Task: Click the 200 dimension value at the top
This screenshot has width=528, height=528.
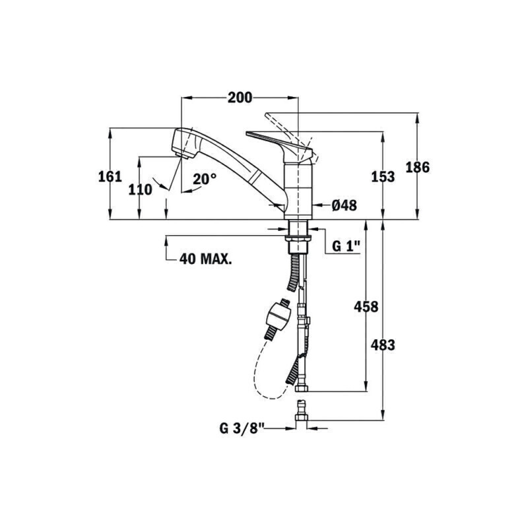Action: point(240,98)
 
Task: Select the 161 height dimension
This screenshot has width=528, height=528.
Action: point(110,176)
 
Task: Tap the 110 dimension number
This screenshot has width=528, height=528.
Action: point(140,190)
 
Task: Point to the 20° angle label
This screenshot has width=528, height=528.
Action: point(205,179)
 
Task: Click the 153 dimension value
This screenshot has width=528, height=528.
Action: point(383,177)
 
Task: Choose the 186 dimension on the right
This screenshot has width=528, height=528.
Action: point(418,168)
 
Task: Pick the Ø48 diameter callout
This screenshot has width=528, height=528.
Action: point(344,205)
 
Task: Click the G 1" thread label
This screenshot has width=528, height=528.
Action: point(346,246)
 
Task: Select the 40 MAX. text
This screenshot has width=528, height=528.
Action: point(205,259)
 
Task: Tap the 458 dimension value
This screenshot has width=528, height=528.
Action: point(366,307)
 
